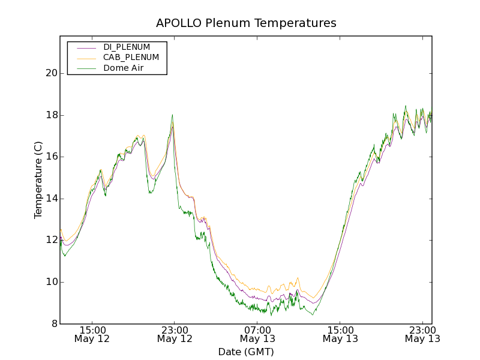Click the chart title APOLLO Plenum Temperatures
pyautogui.click(x=246, y=23)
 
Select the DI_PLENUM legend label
pyautogui.click(x=127, y=47)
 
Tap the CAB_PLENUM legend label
pyautogui.click(x=131, y=58)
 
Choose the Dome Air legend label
pyautogui.click(x=124, y=68)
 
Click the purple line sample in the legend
pyautogui.click(x=86, y=47)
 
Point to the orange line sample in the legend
pyautogui.click(x=86, y=58)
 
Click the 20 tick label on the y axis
pyautogui.click(x=51, y=73)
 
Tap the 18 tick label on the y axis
pyautogui.click(x=51, y=115)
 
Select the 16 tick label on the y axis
pyautogui.click(x=51, y=157)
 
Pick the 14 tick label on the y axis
pyautogui.click(x=51, y=199)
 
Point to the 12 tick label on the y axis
pyautogui.click(x=51, y=240)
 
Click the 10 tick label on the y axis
pyautogui.click(x=51, y=282)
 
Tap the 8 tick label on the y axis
pyautogui.click(x=54, y=324)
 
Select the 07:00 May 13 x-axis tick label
pyautogui.click(x=257, y=334)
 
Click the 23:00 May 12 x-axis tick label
pyautogui.click(x=175, y=334)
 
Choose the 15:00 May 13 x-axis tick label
pyautogui.click(x=340, y=334)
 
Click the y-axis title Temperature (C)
pyautogui.click(x=38, y=180)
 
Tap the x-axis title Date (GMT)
pyautogui.click(x=246, y=352)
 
